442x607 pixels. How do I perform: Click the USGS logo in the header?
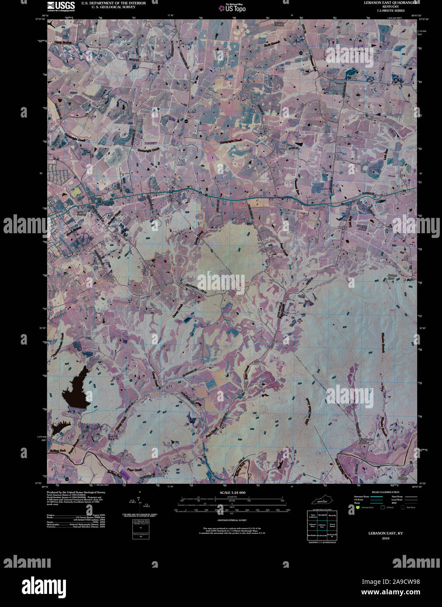click(x=61, y=5)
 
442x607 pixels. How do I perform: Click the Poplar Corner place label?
click(x=352, y=77)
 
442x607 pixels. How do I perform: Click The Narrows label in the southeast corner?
click(x=403, y=477)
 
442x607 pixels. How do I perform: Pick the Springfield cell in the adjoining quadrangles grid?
click(x=322, y=516)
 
